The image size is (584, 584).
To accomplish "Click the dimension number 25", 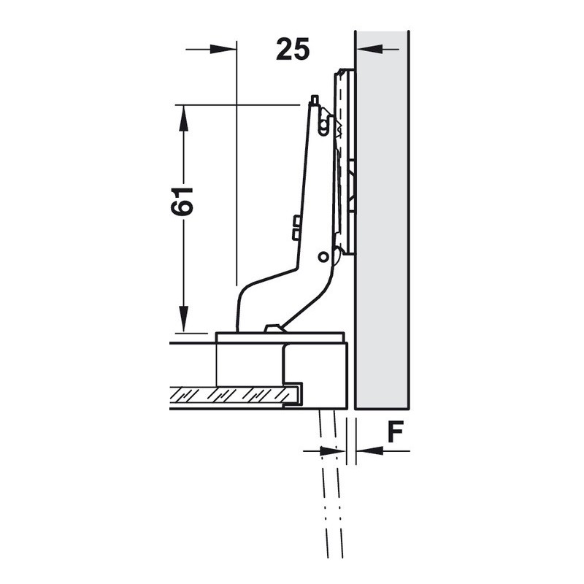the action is click(293, 49).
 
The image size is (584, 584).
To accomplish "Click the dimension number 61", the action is click(182, 201).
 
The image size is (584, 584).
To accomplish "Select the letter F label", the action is click(395, 432).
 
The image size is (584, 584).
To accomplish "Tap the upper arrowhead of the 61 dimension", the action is click(182, 118).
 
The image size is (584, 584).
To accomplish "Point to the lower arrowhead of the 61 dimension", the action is click(182, 318).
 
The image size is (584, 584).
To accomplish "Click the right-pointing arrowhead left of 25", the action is click(223, 49).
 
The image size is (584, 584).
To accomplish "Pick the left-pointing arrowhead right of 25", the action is click(369, 49).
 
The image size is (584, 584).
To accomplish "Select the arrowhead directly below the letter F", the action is click(370, 451).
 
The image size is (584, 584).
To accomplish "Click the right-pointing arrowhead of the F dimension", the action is click(333, 451).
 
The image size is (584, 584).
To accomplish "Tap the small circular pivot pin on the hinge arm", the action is click(323, 257).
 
